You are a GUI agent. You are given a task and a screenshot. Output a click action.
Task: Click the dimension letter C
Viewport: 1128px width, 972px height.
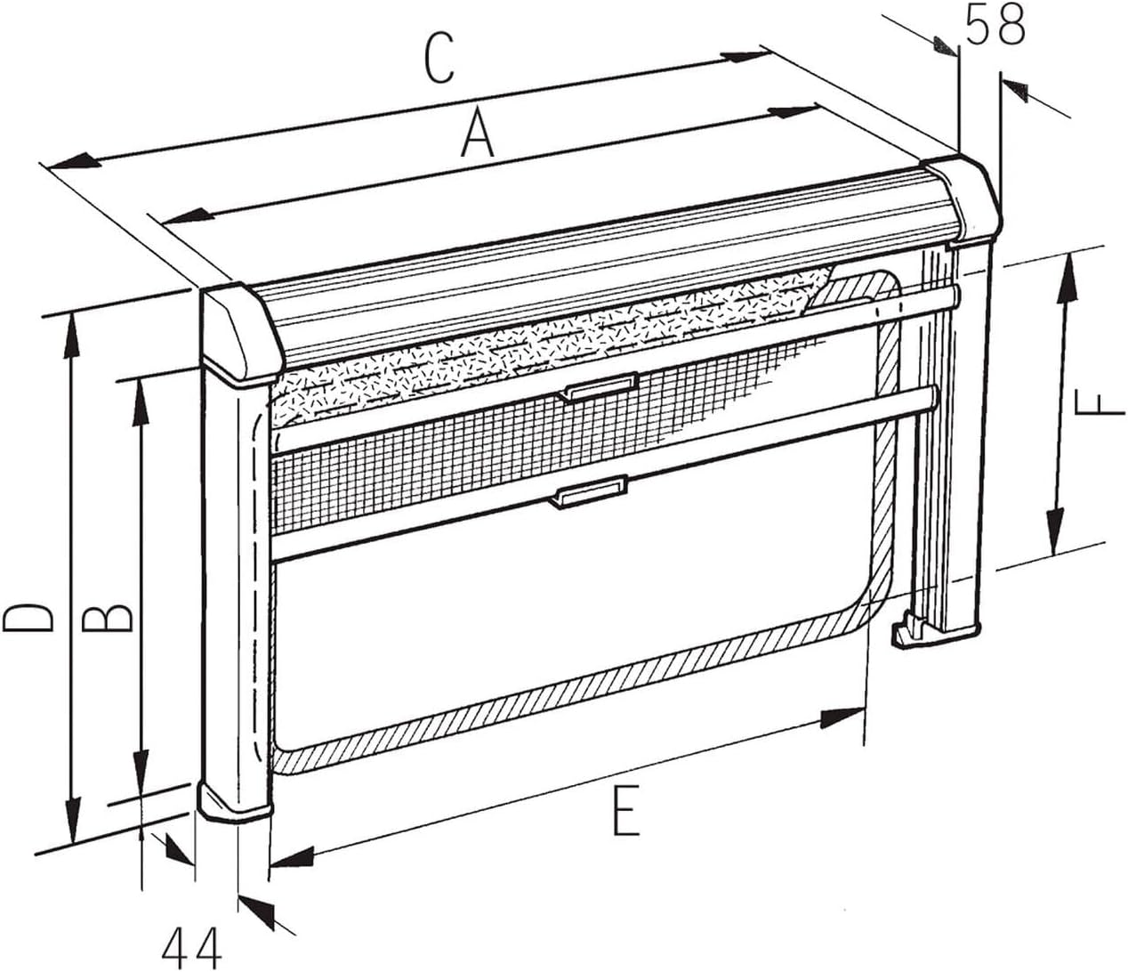coord(439,59)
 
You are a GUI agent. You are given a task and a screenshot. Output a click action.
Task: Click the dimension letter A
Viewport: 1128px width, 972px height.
coord(477,133)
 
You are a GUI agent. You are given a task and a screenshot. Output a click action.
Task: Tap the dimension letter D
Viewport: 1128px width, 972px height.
coord(28,618)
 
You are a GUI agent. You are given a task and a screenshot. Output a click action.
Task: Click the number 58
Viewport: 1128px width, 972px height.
coord(995,26)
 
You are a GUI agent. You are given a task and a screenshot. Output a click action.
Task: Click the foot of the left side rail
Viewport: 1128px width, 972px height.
coord(235,802)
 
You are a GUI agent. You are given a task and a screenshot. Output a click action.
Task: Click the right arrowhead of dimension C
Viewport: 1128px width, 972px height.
coord(745,56)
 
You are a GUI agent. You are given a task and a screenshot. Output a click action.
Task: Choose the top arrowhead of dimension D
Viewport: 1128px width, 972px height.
coord(71,337)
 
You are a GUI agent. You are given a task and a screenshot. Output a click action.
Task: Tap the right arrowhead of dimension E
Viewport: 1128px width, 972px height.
coord(842,717)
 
